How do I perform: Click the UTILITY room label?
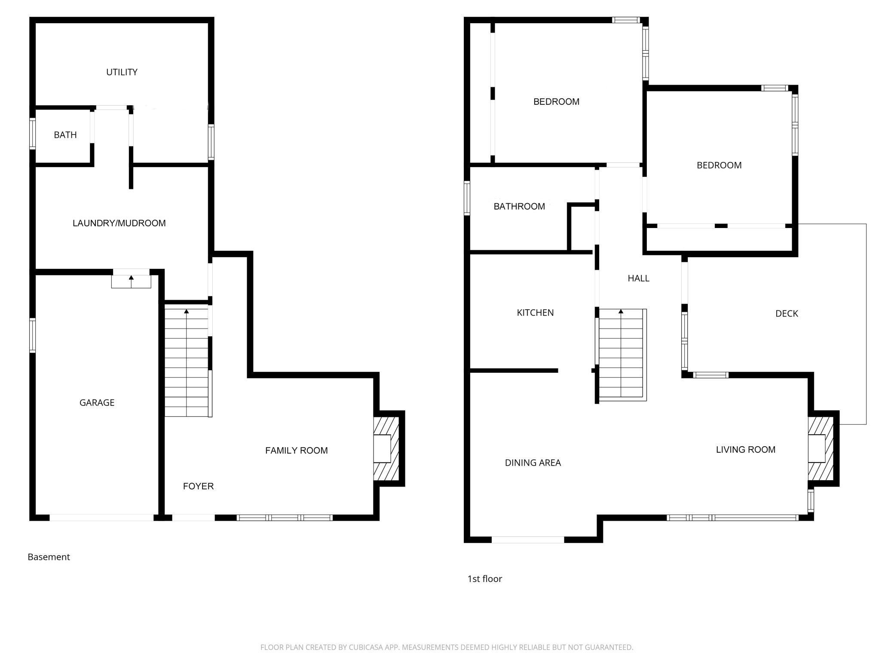(x=122, y=72)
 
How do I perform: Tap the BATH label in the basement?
(x=65, y=135)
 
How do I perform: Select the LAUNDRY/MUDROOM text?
(x=119, y=223)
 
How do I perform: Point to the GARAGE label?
(x=97, y=403)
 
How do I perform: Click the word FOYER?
(x=198, y=486)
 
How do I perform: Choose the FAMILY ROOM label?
(x=296, y=451)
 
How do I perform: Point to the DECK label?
(x=787, y=314)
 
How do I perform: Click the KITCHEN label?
(x=535, y=313)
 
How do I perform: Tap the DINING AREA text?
(x=533, y=463)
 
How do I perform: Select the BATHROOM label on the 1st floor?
(x=519, y=207)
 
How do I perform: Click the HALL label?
(x=638, y=278)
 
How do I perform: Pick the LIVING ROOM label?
(x=745, y=450)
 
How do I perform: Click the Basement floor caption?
(x=49, y=557)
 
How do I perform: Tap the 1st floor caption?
(x=484, y=579)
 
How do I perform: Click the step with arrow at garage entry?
(x=131, y=282)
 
